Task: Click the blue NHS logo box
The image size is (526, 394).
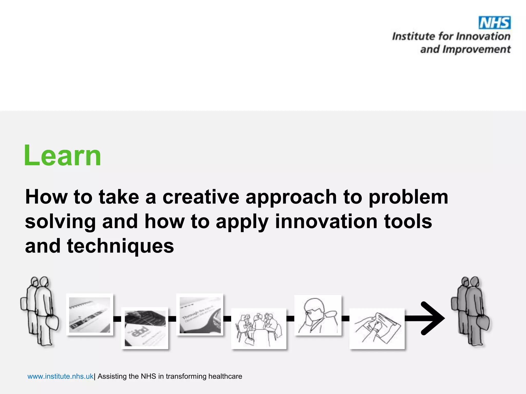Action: [494, 23]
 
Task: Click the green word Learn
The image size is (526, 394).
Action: [62, 156]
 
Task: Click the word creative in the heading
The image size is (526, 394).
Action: [201, 197]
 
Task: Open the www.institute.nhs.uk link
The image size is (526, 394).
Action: [60, 376]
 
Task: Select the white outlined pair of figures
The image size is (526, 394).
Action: [40, 311]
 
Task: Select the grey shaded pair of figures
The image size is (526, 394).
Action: [471, 311]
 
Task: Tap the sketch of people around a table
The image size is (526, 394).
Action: [259, 328]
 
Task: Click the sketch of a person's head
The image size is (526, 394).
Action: [318, 315]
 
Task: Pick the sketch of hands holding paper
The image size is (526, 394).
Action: [377, 329]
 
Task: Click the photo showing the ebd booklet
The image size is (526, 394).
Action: [145, 328]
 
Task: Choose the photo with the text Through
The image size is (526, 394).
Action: [200, 315]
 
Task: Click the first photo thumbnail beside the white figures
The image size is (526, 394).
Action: [90, 315]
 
